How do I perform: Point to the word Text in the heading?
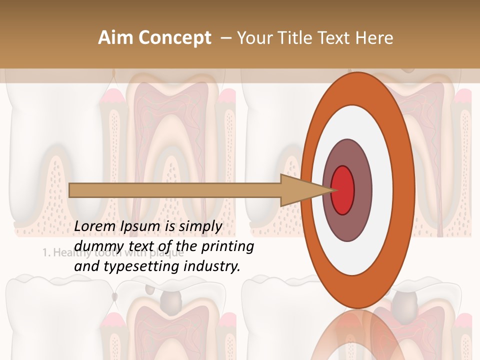(335, 38)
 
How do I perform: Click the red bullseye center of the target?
(343, 190)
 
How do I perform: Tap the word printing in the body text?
(227, 246)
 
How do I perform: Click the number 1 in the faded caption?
(44, 252)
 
